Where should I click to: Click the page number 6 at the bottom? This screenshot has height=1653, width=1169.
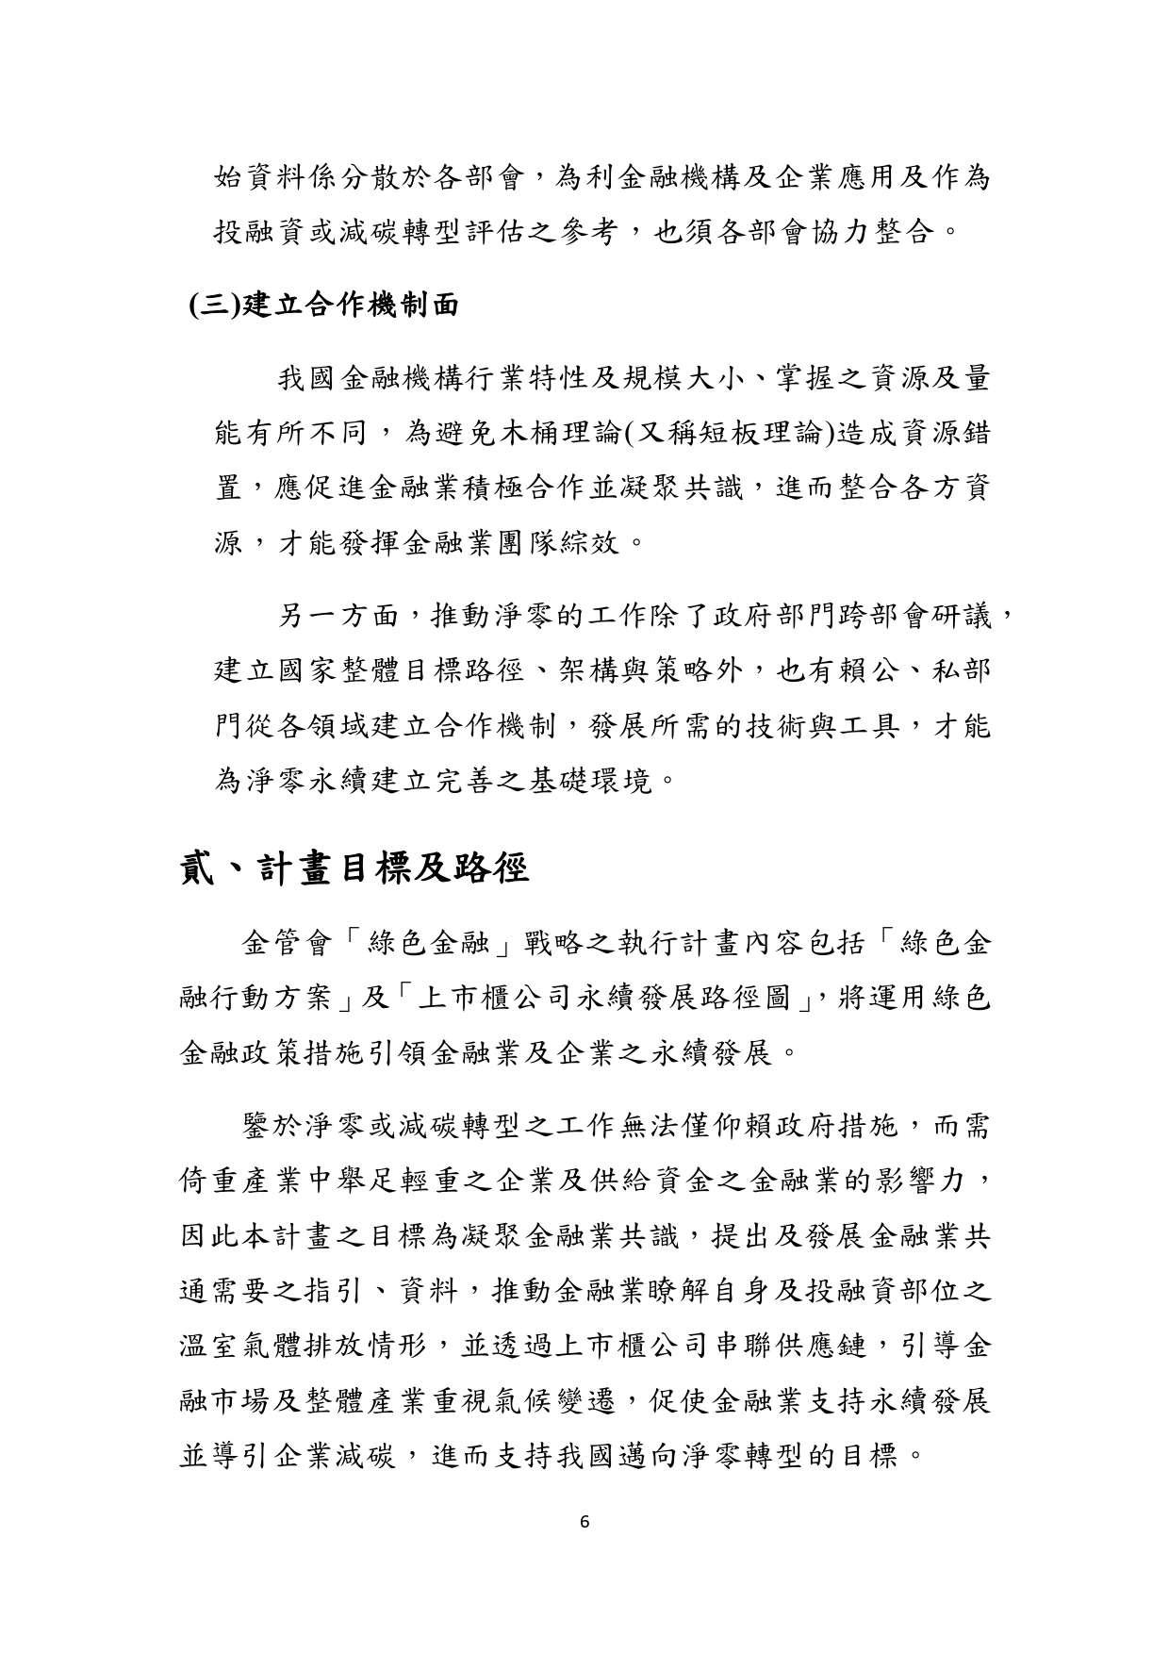coord(585,1521)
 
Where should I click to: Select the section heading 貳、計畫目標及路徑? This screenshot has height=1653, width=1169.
coord(354,868)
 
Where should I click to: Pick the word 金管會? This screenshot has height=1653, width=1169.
coord(289,943)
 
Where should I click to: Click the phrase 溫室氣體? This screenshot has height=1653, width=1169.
coord(241,1345)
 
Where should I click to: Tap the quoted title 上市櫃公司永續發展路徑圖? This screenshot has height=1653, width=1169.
coord(603,999)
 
